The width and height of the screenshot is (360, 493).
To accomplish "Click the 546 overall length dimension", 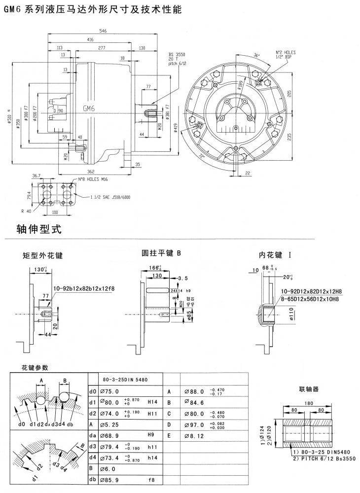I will tap(103, 31).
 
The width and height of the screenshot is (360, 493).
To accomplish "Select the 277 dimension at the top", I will tap(102, 47).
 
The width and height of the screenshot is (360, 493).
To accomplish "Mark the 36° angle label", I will tap(256, 55).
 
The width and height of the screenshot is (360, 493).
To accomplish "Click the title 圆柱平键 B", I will tap(162, 253).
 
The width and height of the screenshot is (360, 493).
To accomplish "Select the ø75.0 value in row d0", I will tap(111, 391).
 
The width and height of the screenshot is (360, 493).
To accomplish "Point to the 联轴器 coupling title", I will tap(309, 389).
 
